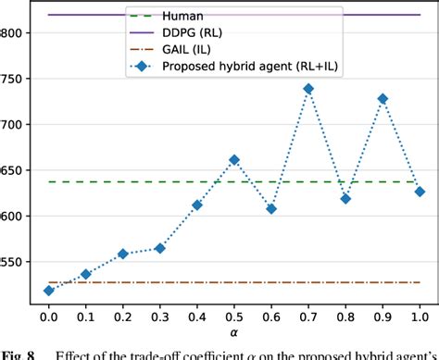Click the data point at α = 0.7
(308, 89)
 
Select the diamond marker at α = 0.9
(383, 98)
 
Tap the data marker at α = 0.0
(49, 291)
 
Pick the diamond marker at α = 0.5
(234, 160)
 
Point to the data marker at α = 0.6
(271, 208)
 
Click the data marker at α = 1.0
(420, 192)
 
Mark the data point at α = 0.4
(197, 205)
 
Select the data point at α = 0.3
(160, 248)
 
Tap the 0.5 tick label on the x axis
(234, 317)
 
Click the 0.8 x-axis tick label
(345, 317)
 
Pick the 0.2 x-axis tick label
(123, 317)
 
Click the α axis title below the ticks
(234, 334)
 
